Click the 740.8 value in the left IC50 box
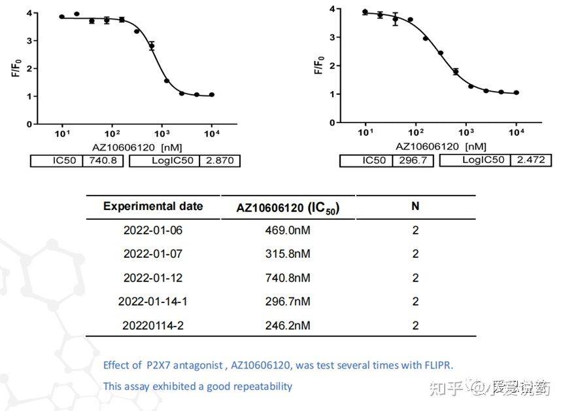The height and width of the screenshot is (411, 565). coord(103,161)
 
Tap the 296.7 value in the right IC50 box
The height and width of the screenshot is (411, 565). coord(413,160)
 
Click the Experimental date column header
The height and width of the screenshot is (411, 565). coord(153,206)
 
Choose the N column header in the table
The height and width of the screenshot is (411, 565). coord(415,206)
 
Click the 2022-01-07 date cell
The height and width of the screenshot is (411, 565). coord(153,254)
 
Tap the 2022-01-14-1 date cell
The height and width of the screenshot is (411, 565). coord(153,302)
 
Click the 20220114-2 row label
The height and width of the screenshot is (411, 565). coord(153,325)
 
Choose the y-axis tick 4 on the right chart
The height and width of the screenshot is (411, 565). coord(333,9)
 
